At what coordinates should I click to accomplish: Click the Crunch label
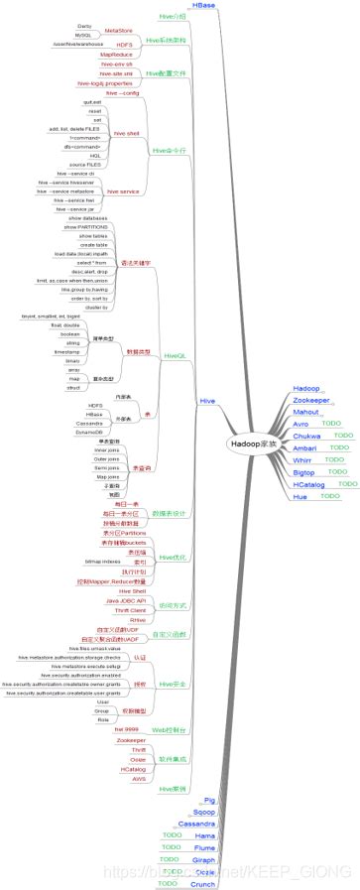pyautogui.click(x=202, y=882)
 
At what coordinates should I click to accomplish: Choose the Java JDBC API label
pyautogui.click(x=126, y=600)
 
